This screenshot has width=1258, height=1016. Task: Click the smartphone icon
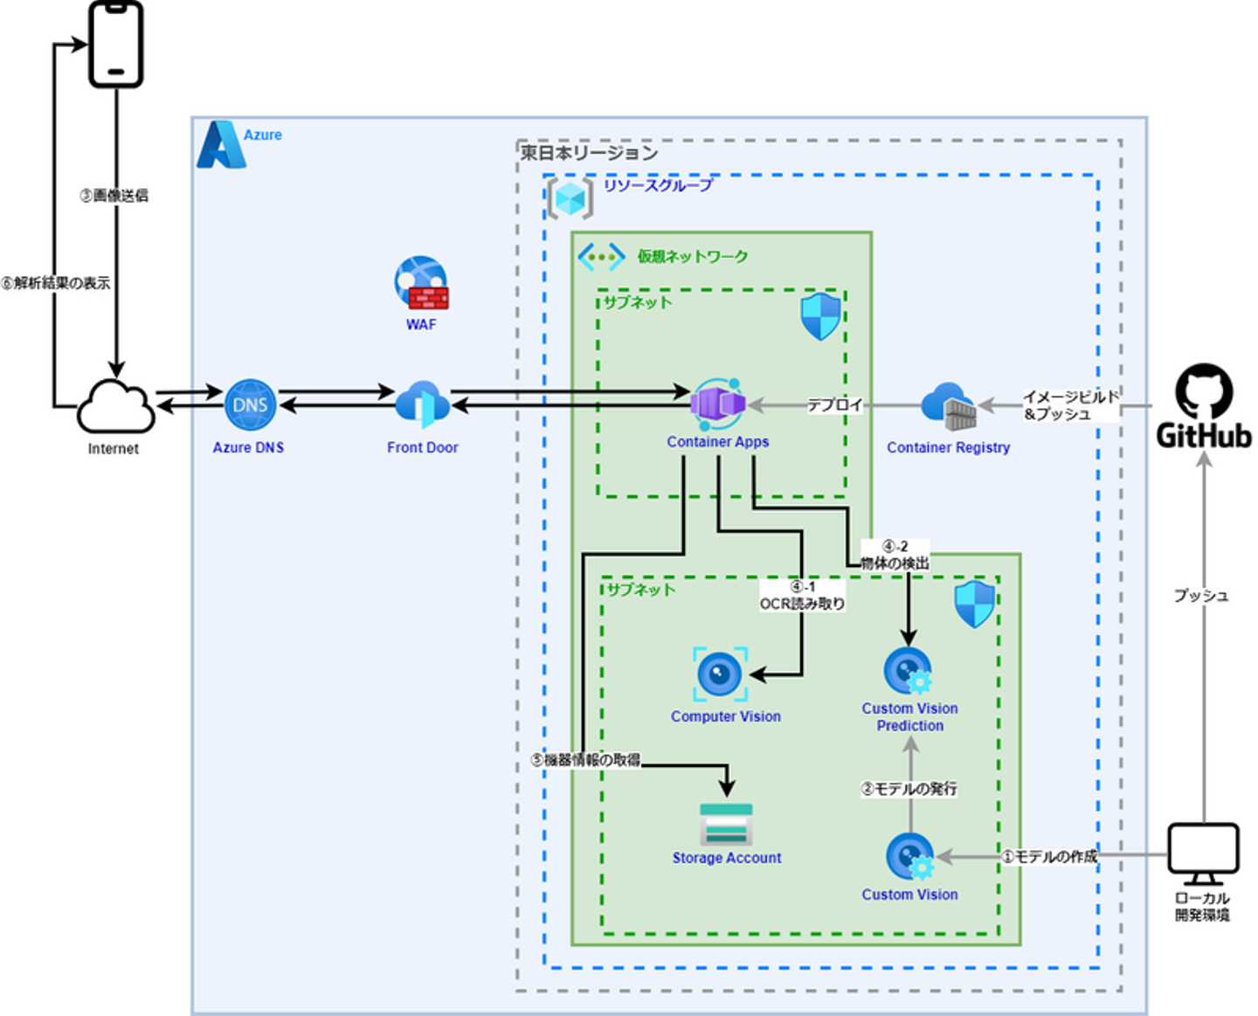(116, 44)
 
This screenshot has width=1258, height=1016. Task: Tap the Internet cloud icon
(115, 406)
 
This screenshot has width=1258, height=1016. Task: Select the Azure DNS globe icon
(250, 405)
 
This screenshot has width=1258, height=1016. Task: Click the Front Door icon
(423, 404)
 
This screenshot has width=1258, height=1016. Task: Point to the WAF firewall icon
(421, 283)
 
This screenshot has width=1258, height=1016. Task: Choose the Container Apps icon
(718, 404)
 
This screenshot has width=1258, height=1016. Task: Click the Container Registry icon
(949, 406)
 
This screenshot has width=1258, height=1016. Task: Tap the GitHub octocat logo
(1204, 392)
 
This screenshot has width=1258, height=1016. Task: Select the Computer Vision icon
(720, 674)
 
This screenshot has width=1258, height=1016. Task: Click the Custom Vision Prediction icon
(909, 672)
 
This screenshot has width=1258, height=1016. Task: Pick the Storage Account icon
(726, 824)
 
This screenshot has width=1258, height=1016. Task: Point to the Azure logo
(220, 145)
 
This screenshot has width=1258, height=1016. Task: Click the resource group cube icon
(570, 198)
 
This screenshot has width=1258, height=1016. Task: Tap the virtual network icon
(601, 257)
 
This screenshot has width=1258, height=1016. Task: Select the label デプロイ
(834, 405)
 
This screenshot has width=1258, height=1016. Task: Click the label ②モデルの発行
(909, 789)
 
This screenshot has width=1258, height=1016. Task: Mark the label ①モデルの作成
(1049, 857)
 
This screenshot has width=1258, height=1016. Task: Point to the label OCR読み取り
(802, 604)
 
